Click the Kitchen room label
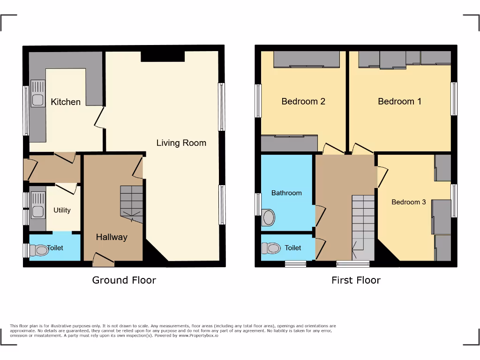coord(66,102)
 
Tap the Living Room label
coord(181,142)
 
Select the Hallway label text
coord(112,237)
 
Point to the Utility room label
coord(62,210)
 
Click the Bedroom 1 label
coord(399,101)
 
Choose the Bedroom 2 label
coord(303,101)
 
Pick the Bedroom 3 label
coord(409,202)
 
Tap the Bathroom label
coord(286,193)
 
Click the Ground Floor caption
coord(124,280)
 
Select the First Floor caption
coord(356,280)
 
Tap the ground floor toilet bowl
coord(39,250)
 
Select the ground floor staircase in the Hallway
coord(132,201)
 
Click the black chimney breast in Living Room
coord(162,56)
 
